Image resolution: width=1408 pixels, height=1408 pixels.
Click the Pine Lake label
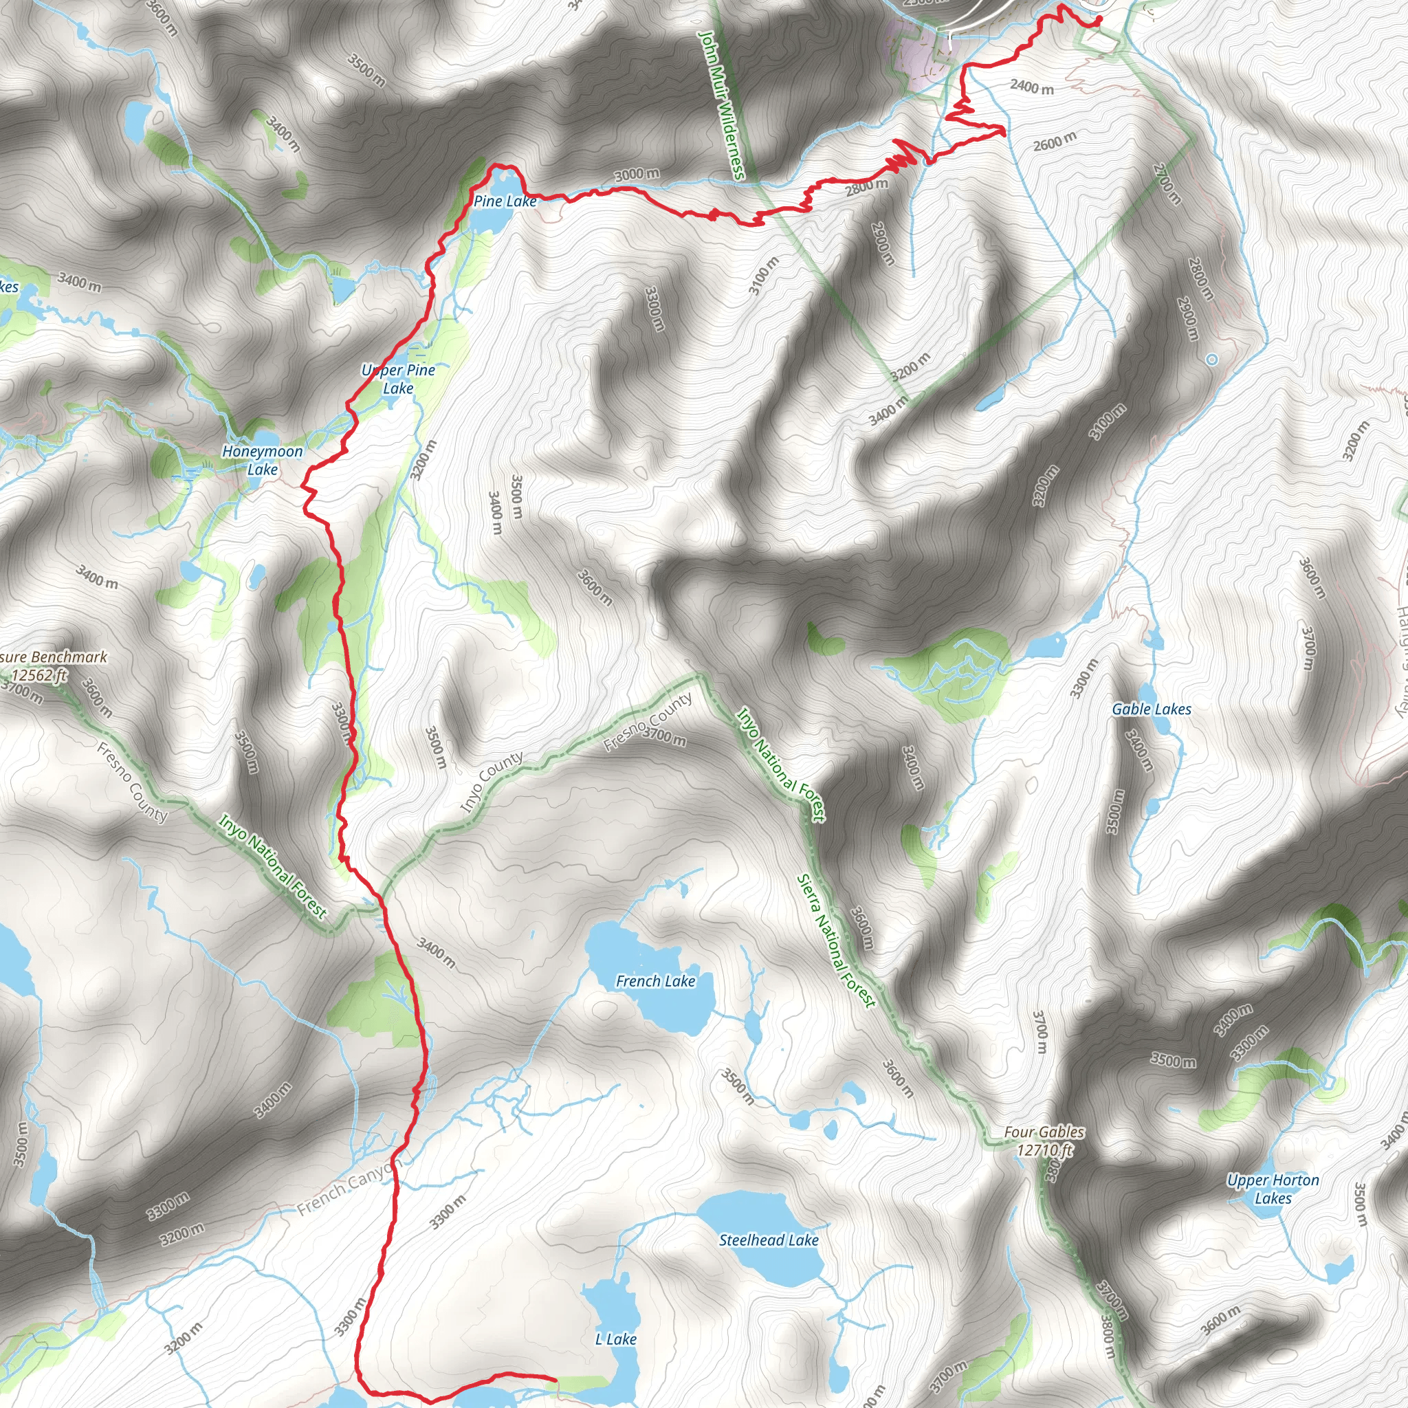click(x=505, y=201)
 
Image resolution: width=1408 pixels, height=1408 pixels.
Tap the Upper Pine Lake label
click(x=398, y=379)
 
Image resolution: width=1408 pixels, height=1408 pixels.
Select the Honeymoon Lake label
click(x=263, y=460)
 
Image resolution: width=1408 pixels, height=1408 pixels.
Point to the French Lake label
click(x=655, y=981)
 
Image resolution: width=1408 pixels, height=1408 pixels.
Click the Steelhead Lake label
click(x=769, y=1240)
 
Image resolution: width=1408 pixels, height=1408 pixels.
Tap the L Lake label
click(x=616, y=1339)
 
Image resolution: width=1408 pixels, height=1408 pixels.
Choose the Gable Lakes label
click(x=1152, y=709)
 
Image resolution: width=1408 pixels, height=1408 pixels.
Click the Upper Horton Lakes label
click(x=1273, y=1189)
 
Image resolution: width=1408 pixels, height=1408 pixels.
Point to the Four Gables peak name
click(x=1044, y=1132)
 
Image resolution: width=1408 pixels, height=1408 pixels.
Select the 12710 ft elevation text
click(x=1045, y=1150)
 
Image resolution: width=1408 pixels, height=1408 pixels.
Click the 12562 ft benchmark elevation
click(x=40, y=675)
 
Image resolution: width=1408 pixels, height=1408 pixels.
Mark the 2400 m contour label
click(x=1031, y=87)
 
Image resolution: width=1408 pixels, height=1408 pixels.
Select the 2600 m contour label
click(x=1054, y=142)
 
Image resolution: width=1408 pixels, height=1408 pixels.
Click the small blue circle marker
click(x=1211, y=360)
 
